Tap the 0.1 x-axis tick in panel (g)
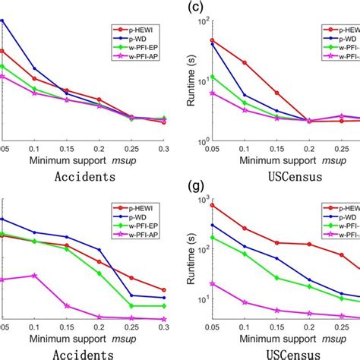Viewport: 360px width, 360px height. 245,327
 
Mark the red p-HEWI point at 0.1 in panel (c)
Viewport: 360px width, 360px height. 245,62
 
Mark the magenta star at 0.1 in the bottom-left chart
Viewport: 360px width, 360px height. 34,275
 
